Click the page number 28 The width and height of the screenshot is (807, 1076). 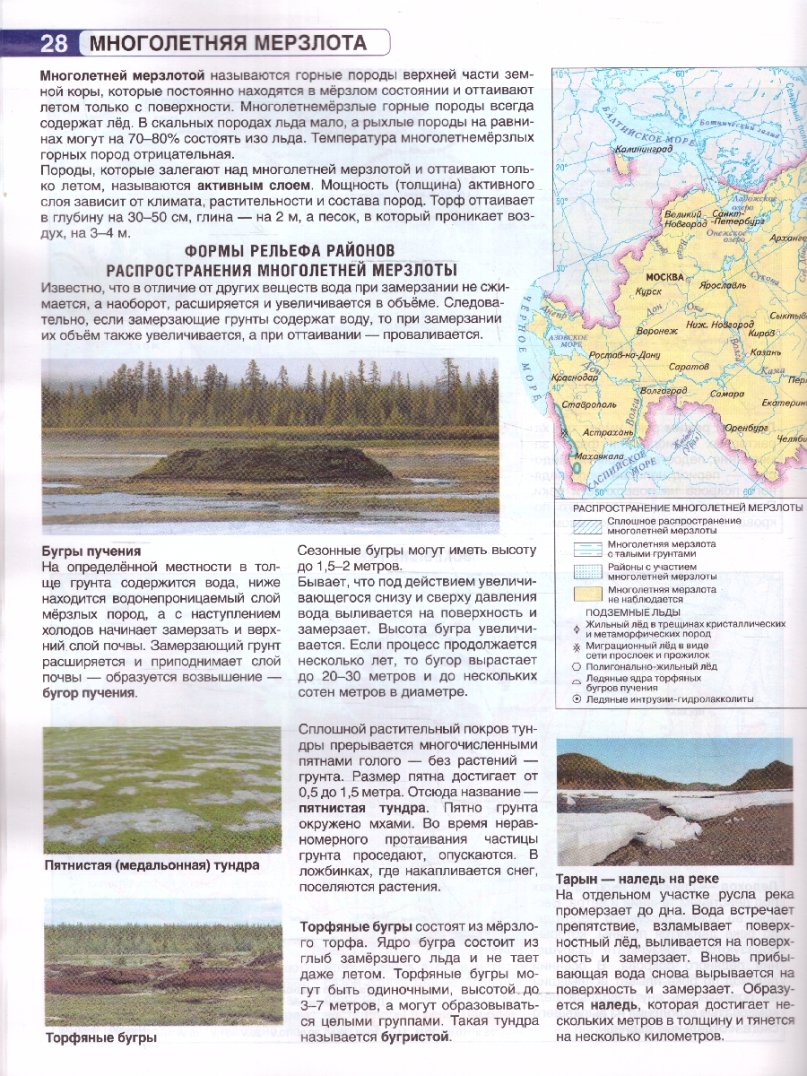[x=54, y=43]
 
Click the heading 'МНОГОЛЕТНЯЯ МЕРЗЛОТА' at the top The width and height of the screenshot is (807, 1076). [x=229, y=43]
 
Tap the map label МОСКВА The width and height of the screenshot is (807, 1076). [x=664, y=276]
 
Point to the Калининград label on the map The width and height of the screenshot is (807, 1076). [x=644, y=150]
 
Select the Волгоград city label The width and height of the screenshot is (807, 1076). [x=664, y=391]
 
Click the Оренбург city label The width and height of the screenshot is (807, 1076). [x=746, y=428]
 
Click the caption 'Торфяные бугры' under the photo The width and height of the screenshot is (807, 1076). [x=101, y=1037]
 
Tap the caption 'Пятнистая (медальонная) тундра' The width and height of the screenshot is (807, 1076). [x=152, y=865]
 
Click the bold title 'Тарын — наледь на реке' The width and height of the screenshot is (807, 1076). [x=638, y=879]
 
